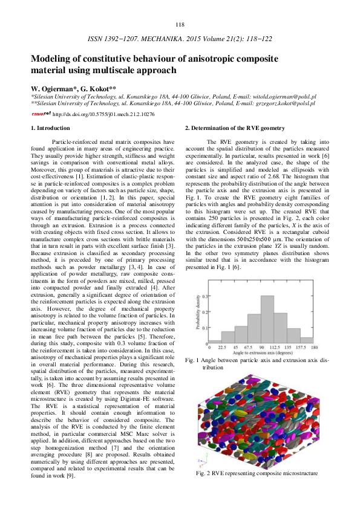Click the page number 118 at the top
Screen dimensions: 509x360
pyautogui.click(x=180, y=24)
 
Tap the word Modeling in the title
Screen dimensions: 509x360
pyautogui.click(x=53, y=59)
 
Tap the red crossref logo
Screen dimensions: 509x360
pyautogui.click(x=41, y=113)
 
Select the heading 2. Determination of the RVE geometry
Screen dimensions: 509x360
pyautogui.click(x=234, y=128)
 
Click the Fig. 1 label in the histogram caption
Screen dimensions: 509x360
pyautogui.click(x=194, y=360)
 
